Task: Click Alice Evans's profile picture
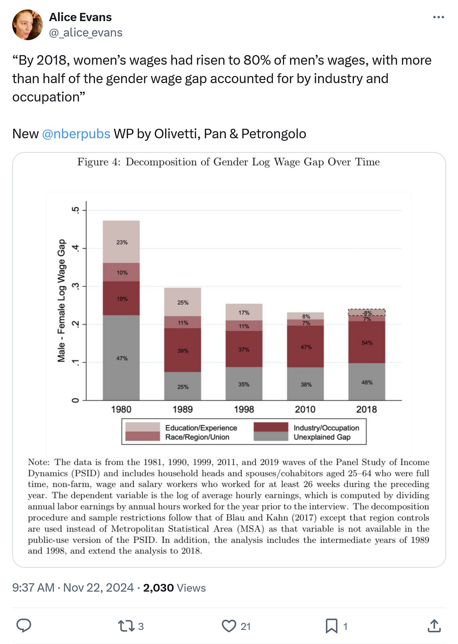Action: pos(27,25)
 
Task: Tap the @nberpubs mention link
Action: pos(76,134)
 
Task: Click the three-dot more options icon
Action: pos(438,17)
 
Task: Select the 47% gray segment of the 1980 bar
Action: pos(121,358)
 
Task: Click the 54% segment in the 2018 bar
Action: pos(366,342)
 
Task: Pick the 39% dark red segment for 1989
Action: pos(182,350)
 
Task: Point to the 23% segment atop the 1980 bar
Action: pos(121,242)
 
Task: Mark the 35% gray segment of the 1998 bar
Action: pos(244,384)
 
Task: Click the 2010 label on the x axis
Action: pos(305,409)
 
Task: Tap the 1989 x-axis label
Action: pos(182,409)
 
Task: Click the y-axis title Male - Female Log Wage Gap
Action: pos(61,301)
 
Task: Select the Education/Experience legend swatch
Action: pos(142,427)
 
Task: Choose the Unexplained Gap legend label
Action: pos(322,437)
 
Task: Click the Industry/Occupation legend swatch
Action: pos(271,427)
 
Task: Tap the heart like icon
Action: pos(229,626)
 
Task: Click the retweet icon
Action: pos(126,626)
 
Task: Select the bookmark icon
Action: pos(331,626)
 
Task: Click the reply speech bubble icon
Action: pos(24,626)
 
